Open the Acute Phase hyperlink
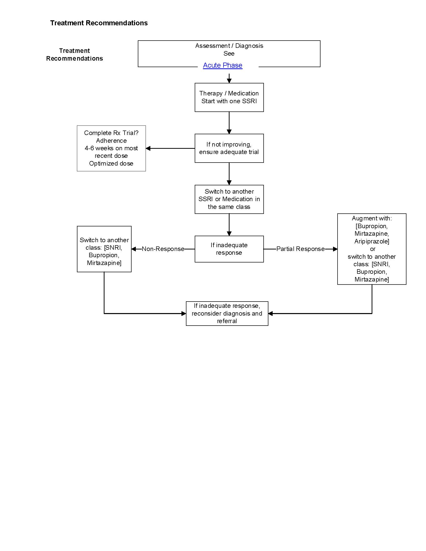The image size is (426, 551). [x=222, y=65]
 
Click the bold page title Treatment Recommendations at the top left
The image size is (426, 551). [x=99, y=23]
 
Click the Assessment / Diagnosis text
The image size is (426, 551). [x=229, y=46]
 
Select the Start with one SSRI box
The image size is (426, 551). [x=229, y=97]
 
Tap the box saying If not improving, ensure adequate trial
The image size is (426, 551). [x=229, y=148]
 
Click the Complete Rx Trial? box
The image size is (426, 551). [x=111, y=148]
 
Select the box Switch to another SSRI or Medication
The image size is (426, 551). [x=229, y=199]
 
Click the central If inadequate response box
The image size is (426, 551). [x=229, y=249]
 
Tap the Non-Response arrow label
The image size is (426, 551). [x=163, y=249]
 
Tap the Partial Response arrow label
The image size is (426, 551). [x=300, y=249]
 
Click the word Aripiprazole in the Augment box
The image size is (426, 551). [x=371, y=241]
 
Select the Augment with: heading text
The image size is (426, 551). [x=371, y=218]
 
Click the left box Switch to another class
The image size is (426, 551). [x=104, y=249]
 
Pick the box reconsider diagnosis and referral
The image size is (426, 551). [x=227, y=313]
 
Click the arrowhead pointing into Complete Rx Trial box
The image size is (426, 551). [x=148, y=148]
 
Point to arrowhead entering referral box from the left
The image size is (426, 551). [x=184, y=314]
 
